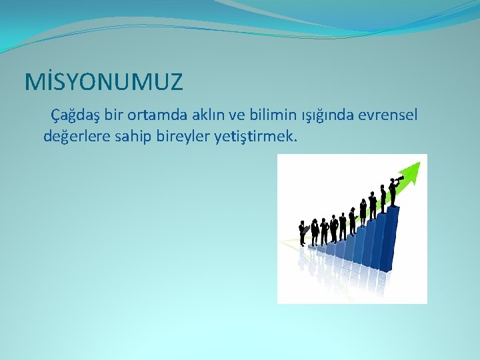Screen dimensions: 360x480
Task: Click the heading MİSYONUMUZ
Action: point(103,82)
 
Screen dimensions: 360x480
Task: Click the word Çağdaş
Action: point(75,115)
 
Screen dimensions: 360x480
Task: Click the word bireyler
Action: point(183,137)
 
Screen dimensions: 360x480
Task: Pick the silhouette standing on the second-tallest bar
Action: point(383,199)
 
